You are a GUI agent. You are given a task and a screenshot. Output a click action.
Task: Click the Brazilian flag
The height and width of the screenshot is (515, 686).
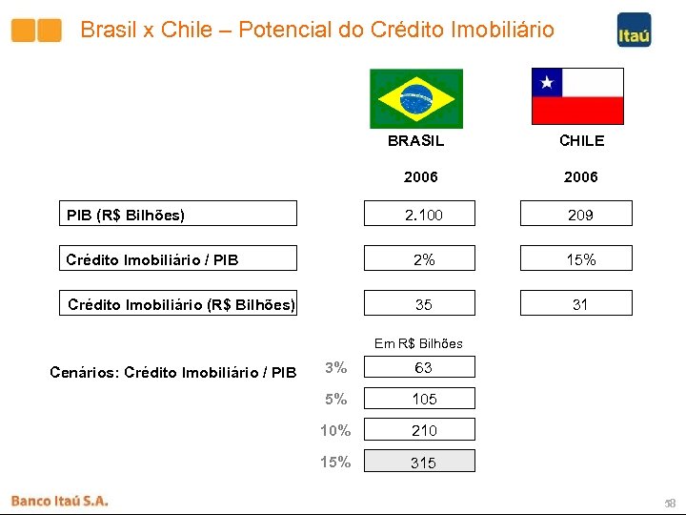(x=416, y=98)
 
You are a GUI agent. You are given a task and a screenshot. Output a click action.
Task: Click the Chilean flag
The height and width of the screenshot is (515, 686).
(x=577, y=96)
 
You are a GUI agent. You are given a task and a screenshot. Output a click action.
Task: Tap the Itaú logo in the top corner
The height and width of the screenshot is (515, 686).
(x=634, y=30)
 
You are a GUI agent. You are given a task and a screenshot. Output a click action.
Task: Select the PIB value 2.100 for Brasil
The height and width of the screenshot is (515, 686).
(x=423, y=215)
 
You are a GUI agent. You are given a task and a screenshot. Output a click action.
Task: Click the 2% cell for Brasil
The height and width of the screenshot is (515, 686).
(x=423, y=258)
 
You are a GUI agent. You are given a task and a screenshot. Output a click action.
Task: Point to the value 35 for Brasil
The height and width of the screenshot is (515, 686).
(x=423, y=304)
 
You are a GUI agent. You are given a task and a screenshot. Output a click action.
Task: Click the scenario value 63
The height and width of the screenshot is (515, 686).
(x=423, y=368)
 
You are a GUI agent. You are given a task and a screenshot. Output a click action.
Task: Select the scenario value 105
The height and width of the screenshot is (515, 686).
(x=423, y=400)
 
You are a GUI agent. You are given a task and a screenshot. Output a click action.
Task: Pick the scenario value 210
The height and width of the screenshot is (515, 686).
(x=423, y=431)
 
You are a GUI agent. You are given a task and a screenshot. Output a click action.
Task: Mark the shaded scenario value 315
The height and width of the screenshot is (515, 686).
(x=423, y=463)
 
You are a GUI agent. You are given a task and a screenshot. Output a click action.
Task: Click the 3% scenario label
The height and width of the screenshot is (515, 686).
(x=335, y=368)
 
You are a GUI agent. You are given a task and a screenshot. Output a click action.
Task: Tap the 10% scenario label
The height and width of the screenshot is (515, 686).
(x=335, y=431)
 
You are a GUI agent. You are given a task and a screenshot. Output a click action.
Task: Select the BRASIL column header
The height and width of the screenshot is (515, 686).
(x=415, y=141)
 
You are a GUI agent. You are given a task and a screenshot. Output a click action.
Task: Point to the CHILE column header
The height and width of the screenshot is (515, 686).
(x=581, y=141)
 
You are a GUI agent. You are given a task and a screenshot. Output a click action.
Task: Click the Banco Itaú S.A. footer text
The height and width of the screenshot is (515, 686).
(x=60, y=500)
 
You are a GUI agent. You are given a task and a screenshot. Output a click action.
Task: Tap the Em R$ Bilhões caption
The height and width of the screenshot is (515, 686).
(x=418, y=343)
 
